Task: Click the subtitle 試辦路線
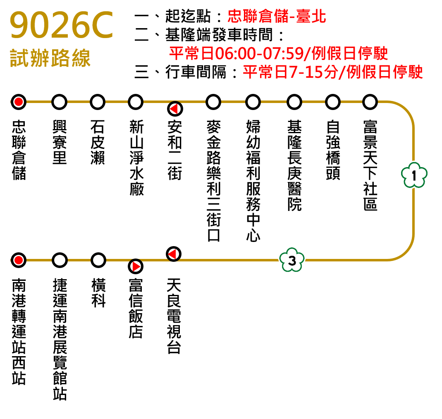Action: [50, 58]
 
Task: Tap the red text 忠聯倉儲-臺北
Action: [277, 16]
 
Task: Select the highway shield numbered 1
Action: [414, 175]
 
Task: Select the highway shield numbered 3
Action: [292, 260]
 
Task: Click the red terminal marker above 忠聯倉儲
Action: [19, 102]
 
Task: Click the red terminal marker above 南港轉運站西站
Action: [19, 260]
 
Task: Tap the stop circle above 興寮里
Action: [60, 102]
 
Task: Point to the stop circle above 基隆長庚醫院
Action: [294, 102]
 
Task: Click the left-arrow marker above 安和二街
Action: [175, 109]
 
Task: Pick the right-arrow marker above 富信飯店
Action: [136, 266]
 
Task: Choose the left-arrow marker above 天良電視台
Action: [174, 254]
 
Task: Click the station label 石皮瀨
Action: [98, 142]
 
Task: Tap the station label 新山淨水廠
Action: [136, 158]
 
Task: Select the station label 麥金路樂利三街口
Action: [213, 181]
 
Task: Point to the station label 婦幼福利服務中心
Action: [253, 181]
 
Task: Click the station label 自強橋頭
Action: [333, 150]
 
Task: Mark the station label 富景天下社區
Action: [370, 165]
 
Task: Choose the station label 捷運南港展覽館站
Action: [60, 339]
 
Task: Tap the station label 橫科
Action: [98, 293]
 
